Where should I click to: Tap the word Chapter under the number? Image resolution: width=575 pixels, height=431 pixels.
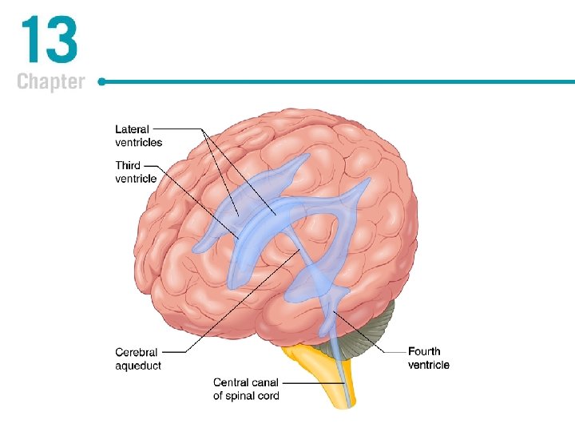(x=50, y=81)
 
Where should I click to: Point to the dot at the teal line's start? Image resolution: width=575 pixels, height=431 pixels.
(x=102, y=81)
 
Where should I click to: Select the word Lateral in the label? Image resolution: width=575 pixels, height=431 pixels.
(x=132, y=129)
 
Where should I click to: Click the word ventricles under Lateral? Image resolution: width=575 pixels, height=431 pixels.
(x=138, y=142)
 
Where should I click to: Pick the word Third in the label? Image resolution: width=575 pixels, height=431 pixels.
(x=128, y=165)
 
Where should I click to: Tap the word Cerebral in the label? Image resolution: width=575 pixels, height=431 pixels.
(x=137, y=352)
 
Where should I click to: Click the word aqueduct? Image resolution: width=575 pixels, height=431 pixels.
(x=138, y=366)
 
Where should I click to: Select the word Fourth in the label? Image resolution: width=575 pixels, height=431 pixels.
(x=424, y=351)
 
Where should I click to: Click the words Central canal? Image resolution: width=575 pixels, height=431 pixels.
(x=246, y=382)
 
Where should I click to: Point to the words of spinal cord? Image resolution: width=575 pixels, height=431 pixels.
(x=246, y=396)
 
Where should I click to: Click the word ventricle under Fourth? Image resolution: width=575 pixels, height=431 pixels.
(x=429, y=365)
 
